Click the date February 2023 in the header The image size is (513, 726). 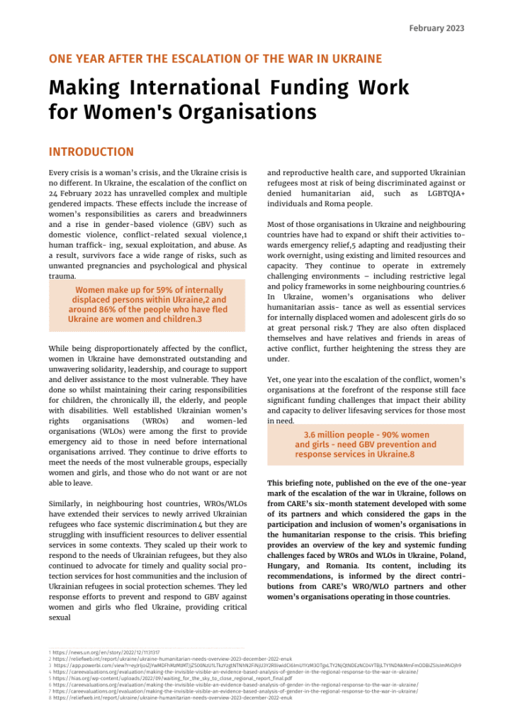(436, 28)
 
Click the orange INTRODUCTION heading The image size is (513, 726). (91, 152)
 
